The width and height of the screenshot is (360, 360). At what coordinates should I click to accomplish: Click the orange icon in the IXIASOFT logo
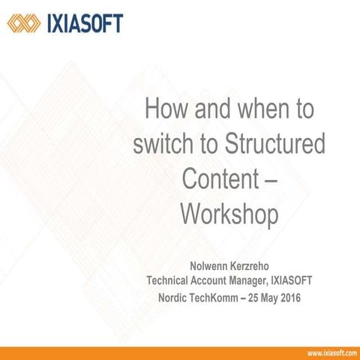point(23,23)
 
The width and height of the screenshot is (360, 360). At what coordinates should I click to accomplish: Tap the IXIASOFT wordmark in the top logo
point(84,23)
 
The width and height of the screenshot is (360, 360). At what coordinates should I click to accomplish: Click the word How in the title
point(165,112)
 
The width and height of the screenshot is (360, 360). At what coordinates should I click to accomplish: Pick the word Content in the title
point(220,178)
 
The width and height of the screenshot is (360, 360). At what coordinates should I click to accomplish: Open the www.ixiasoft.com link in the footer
point(330,352)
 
